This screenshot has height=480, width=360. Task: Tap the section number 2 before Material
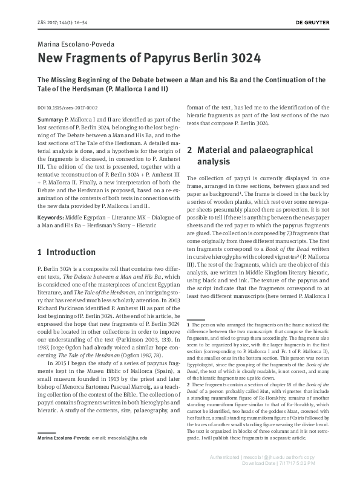[190, 149]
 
